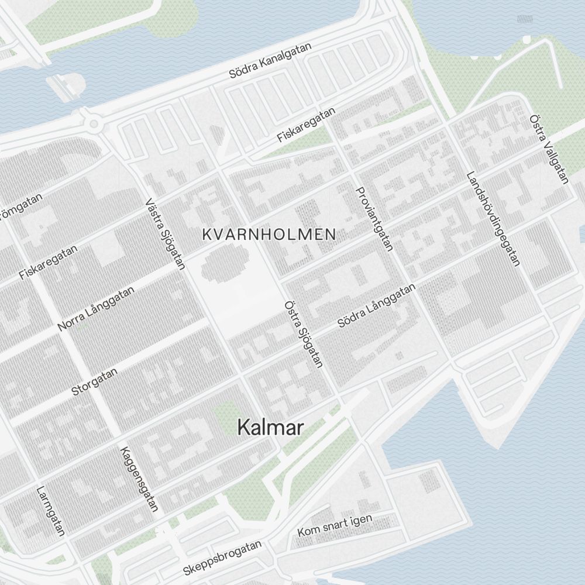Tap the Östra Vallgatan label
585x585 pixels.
[x=548, y=149]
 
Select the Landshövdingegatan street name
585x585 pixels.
[x=493, y=218]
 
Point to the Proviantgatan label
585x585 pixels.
[x=373, y=219]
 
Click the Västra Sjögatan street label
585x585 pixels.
[x=165, y=235]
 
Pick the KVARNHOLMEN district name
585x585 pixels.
[x=269, y=235]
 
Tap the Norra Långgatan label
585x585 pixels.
[x=97, y=308]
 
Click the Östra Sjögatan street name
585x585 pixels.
[x=303, y=334]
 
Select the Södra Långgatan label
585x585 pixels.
[x=377, y=305]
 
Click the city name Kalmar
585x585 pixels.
[x=270, y=428]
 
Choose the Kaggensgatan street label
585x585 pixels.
[x=139, y=479]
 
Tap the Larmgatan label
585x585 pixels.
[x=50, y=511]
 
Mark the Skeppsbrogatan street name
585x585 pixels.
[x=222, y=558]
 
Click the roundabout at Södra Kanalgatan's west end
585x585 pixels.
[x=92, y=123]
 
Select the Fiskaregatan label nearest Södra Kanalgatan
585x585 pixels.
[x=307, y=125]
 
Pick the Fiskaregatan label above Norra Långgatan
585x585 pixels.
[x=48, y=261]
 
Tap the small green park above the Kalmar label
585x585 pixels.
[x=227, y=417]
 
